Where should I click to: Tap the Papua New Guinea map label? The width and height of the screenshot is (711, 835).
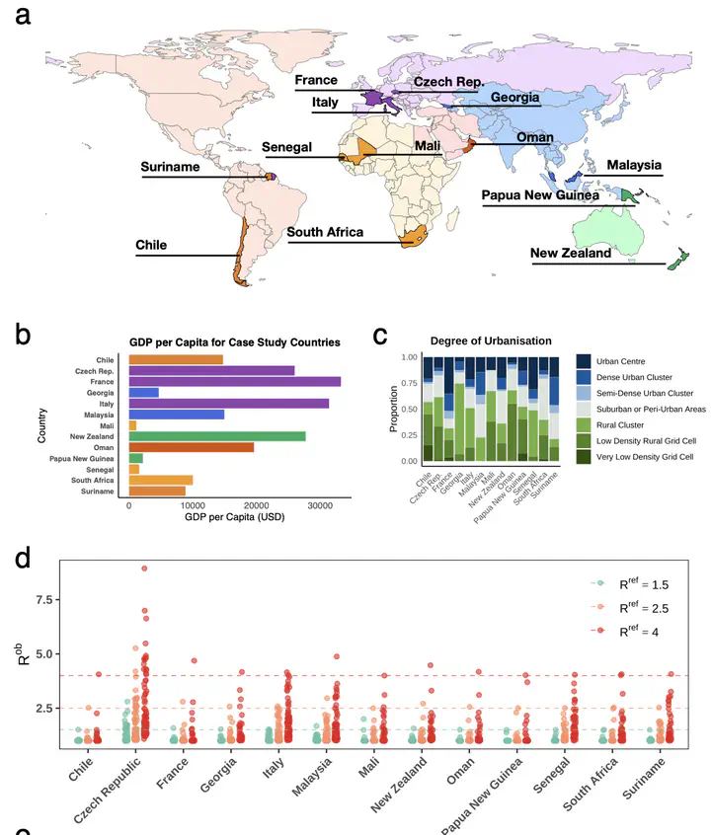pos(540,195)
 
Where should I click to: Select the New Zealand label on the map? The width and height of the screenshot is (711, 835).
pos(571,254)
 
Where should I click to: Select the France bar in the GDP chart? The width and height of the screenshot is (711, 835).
pos(234,381)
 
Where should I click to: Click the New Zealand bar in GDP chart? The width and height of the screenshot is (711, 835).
pos(216,435)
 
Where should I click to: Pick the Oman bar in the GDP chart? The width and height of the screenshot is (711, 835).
pos(191,447)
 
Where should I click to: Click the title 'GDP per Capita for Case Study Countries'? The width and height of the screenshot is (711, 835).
pos(234,342)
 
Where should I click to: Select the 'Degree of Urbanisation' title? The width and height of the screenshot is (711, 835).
pos(477,341)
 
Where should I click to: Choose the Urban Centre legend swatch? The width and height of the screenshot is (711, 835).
pos(584,361)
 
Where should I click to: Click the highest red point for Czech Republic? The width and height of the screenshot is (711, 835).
pos(144,568)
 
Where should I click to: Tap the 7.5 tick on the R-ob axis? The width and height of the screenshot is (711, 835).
pos(39,601)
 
